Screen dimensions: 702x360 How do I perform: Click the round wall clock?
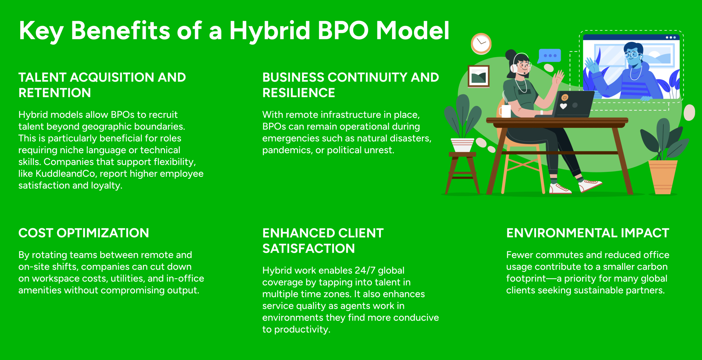click(x=481, y=44)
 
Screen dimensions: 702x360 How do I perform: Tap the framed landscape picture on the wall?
click(x=479, y=76)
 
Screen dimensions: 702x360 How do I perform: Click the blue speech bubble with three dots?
click(x=550, y=56)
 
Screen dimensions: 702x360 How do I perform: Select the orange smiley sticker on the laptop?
click(x=565, y=97)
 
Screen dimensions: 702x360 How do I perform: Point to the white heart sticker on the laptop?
click(x=563, y=106)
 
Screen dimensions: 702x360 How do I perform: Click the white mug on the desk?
click(x=505, y=111)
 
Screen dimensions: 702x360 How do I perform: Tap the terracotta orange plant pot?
click(x=663, y=177)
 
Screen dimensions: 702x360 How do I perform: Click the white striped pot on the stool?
click(x=462, y=145)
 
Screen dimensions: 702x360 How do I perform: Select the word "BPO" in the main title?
click(x=343, y=30)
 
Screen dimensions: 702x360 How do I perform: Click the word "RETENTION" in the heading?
click(x=55, y=93)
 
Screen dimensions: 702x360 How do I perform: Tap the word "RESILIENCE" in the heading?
click(x=299, y=93)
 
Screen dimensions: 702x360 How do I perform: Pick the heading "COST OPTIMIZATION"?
click(x=84, y=233)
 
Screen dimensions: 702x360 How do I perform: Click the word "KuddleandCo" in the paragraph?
click(x=65, y=174)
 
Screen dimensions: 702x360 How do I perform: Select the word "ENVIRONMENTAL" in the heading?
click(x=562, y=233)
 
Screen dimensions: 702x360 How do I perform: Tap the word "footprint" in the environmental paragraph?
click(x=526, y=279)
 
